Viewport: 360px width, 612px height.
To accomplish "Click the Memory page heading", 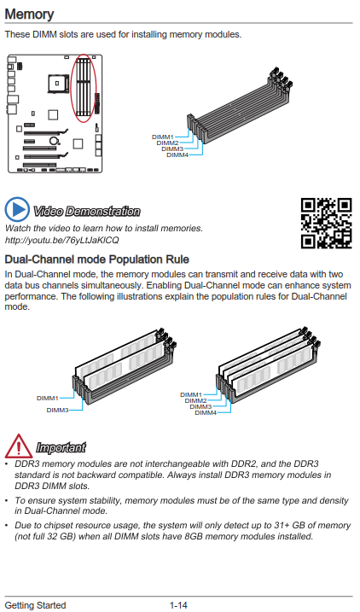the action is [29, 14].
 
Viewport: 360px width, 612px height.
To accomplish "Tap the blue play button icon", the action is [17, 210].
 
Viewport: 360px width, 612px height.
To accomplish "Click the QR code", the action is [327, 224].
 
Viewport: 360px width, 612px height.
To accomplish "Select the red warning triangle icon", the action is [18, 446].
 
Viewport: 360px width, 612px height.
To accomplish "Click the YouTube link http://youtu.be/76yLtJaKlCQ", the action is [61, 240].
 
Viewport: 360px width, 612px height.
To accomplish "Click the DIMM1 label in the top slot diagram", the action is [163, 137].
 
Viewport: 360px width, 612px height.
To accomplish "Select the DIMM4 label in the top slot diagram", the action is [177, 155].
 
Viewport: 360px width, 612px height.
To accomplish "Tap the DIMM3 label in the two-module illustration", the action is [57, 411].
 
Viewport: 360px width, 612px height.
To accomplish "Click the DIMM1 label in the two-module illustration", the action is [47, 398].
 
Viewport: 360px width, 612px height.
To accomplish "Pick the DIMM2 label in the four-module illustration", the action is [196, 401].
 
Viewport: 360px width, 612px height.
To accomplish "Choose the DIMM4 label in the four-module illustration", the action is [206, 412].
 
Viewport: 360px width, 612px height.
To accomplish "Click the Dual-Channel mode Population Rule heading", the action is [96, 259].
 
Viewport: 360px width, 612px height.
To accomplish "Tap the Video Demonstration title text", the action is [86, 212].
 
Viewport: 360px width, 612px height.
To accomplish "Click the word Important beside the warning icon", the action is [61, 447].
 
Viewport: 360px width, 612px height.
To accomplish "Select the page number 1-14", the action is [178, 605].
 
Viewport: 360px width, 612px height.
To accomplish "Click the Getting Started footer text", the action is [35, 605].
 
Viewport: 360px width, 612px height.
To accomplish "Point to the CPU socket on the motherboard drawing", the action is [57, 83].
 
